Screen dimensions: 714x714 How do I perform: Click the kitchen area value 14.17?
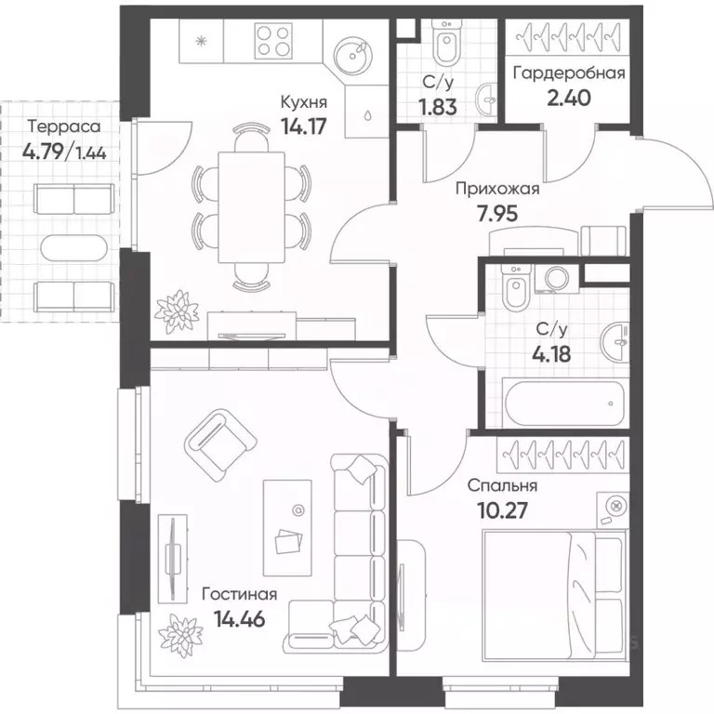click(x=304, y=126)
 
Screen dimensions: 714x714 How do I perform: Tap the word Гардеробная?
click(x=569, y=73)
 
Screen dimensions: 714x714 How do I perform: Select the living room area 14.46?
click(x=240, y=619)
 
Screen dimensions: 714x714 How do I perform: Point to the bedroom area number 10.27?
click(x=503, y=510)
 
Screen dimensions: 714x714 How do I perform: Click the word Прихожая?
click(x=497, y=189)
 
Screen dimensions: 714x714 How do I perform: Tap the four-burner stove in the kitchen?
click(x=273, y=41)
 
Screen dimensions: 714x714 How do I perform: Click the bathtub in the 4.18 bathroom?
click(x=563, y=402)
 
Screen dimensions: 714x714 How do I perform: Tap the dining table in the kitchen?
click(x=251, y=207)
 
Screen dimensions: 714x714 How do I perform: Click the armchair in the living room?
click(x=220, y=445)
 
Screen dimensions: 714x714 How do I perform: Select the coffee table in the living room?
click(x=287, y=527)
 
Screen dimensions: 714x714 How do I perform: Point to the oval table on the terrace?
click(x=73, y=247)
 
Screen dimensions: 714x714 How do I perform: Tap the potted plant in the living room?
click(x=180, y=636)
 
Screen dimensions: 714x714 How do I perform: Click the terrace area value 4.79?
click(x=43, y=152)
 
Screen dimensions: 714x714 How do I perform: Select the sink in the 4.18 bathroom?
click(x=615, y=339)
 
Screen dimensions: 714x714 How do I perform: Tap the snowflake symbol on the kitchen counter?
click(x=201, y=42)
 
